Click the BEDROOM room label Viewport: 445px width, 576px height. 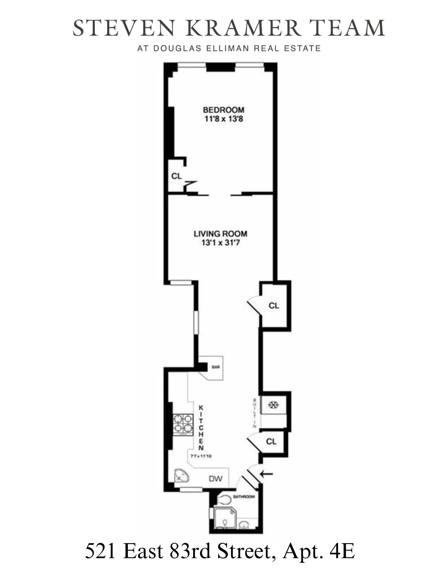coord(224,110)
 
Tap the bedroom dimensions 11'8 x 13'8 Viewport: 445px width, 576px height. coord(224,119)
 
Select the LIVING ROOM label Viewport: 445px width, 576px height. coord(220,234)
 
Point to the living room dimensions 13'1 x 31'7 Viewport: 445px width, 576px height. coord(220,243)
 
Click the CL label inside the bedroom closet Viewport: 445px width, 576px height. coord(176,176)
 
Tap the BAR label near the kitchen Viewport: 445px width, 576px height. coord(216,367)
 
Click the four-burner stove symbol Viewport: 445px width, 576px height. coord(183,423)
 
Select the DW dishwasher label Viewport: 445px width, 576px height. coord(216,479)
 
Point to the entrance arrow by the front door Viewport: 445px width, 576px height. coord(267,473)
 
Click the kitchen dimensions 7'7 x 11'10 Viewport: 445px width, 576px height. coord(201,456)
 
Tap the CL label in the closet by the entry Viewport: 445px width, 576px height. coord(271,442)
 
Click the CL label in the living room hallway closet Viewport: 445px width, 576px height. coord(274,306)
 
